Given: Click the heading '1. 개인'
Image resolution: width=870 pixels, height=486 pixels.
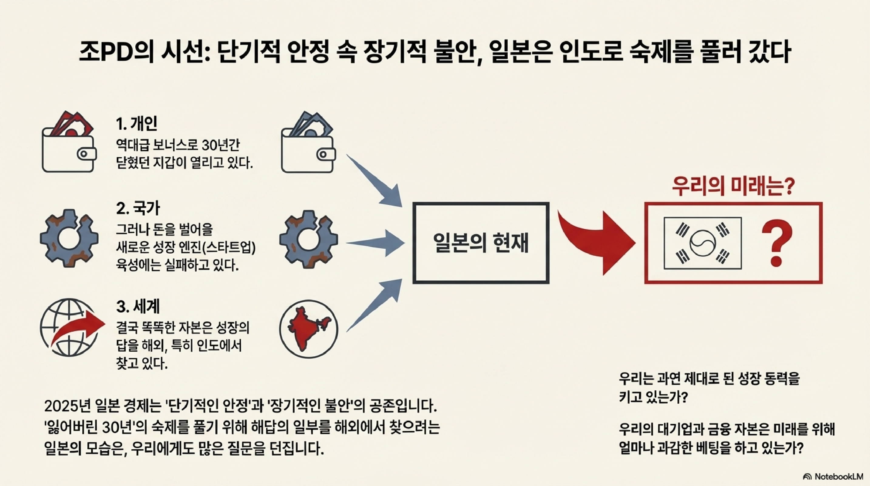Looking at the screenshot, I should (x=137, y=124).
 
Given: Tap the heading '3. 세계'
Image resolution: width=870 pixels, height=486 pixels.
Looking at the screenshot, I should (x=138, y=306).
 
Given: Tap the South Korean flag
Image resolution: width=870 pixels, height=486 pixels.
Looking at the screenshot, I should (x=702, y=243).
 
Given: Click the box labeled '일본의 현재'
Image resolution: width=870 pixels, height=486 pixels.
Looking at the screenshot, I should (x=481, y=243).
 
